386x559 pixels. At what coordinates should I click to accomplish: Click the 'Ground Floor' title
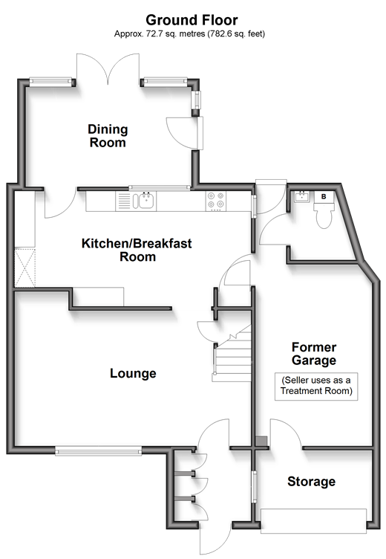[x=192, y=20]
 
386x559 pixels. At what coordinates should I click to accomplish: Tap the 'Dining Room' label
[x=108, y=136]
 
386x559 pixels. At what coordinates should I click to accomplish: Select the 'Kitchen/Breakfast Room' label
[x=137, y=250]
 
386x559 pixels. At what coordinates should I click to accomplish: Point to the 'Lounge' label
[x=133, y=373]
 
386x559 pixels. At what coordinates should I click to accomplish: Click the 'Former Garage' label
[x=314, y=354]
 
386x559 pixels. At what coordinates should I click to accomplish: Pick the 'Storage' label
[x=311, y=481]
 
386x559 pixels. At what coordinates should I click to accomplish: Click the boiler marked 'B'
[x=324, y=196]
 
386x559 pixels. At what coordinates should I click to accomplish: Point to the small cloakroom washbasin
[x=302, y=196]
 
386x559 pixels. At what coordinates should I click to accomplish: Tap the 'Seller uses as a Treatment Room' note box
[x=316, y=387]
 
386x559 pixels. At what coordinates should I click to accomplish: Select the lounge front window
[x=98, y=451]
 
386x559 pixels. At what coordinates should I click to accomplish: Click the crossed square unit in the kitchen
[x=25, y=268]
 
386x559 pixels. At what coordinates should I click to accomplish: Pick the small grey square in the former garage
[x=262, y=441]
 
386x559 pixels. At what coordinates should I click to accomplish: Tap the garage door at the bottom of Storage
[x=314, y=521]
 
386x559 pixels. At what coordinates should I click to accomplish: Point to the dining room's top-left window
[x=50, y=81]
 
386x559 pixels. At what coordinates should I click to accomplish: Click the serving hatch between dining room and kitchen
[x=159, y=187]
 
